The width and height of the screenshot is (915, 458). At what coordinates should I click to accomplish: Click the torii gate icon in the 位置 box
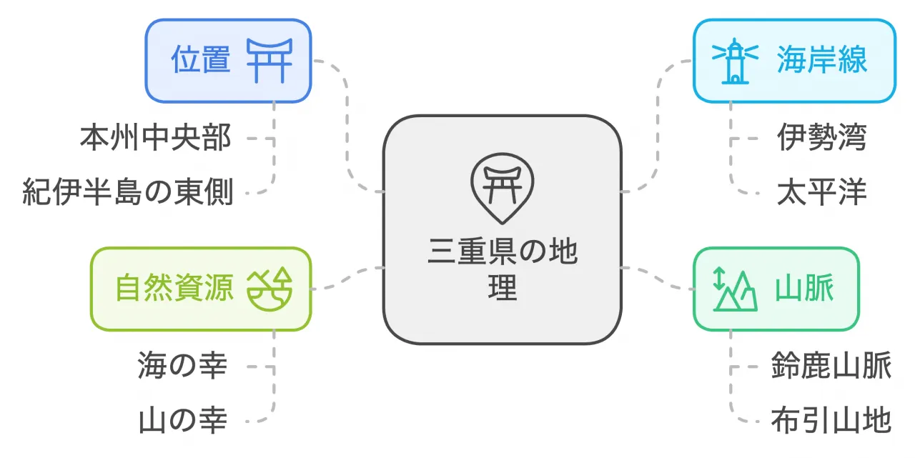click(x=269, y=61)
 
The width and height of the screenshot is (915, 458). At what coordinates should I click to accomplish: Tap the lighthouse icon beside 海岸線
click(x=735, y=61)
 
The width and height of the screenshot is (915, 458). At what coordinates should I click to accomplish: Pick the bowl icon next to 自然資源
click(x=269, y=289)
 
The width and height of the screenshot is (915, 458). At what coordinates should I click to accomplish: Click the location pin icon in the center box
click(x=502, y=189)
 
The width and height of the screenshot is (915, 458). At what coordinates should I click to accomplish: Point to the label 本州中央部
click(x=156, y=137)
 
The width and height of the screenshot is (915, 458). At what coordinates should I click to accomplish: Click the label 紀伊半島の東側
click(x=127, y=191)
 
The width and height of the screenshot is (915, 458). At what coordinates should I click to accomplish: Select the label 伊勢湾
click(x=821, y=137)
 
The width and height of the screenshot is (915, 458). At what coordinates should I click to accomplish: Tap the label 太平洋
click(x=821, y=191)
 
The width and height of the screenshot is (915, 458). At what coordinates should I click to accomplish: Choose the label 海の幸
click(x=182, y=365)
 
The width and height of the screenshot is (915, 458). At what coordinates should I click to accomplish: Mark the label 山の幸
click(x=182, y=420)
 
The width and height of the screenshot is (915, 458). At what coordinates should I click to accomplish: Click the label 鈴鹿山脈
click(x=831, y=365)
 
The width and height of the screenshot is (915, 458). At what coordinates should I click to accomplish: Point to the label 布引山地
click(x=831, y=420)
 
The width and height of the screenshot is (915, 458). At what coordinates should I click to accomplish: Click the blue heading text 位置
click(x=201, y=59)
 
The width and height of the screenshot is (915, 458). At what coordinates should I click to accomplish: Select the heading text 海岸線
click(x=821, y=59)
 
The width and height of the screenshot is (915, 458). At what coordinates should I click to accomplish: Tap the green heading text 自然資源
click(x=174, y=288)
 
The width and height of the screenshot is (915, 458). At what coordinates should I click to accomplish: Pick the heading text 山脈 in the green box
click(x=804, y=288)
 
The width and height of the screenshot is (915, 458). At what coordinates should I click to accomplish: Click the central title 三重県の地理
click(x=503, y=269)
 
